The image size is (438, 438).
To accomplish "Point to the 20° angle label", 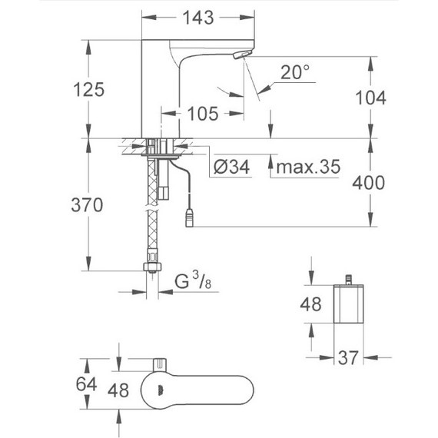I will (295, 72).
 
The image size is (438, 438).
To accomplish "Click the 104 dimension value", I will (370, 97).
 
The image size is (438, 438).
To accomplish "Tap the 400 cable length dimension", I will (370, 182).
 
